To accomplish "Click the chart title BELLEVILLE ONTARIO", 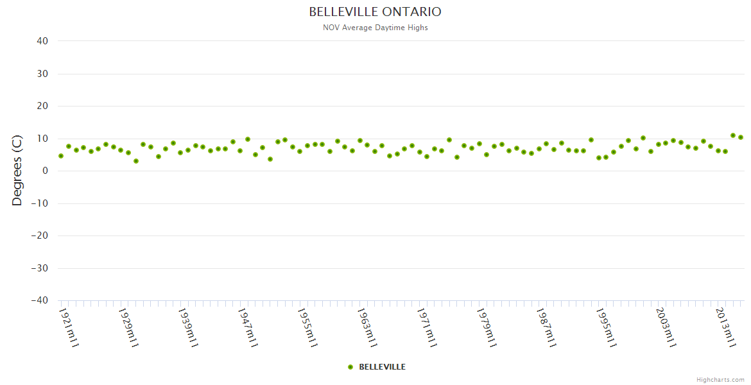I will click(375, 12).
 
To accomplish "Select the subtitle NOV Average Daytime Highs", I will click(375, 28).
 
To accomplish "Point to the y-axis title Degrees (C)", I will click(17, 170).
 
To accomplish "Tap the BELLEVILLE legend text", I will click(382, 367).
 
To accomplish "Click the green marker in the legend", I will click(350, 367).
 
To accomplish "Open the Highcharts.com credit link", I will click(720, 380).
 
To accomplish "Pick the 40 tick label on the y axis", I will click(42, 41).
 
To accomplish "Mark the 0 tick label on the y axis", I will click(46, 171).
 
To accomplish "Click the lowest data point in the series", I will click(136, 161).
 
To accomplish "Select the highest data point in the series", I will click(733, 135).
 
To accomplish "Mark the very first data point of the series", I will click(61, 156).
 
